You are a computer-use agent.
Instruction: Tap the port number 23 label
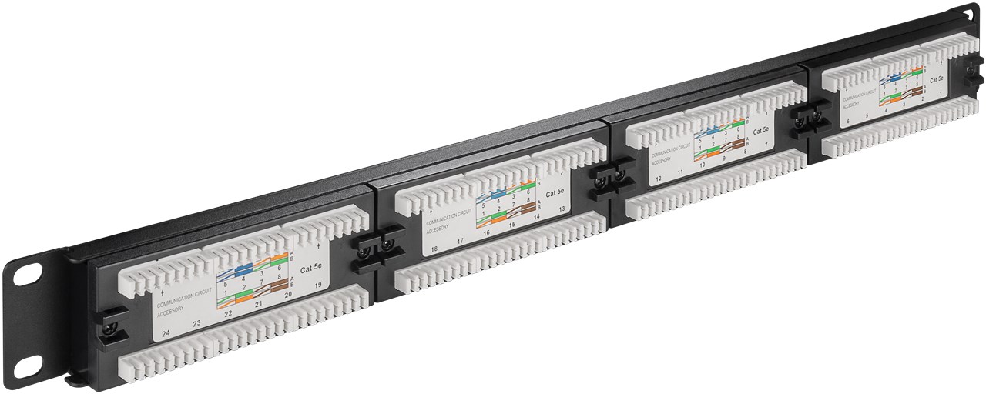pos(196,324)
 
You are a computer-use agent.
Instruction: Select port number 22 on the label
pos(228,314)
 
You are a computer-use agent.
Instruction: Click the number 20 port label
pos(288,295)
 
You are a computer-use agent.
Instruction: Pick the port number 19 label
pos(318,285)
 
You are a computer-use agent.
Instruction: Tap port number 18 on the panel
pos(434,249)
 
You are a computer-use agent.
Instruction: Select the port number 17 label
pos(461,242)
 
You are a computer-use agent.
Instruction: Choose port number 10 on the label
pos(702,165)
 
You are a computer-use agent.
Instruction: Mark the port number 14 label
pos(536,217)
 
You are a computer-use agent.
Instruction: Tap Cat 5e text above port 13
pos(555,192)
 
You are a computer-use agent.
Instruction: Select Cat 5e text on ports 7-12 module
pos(760,129)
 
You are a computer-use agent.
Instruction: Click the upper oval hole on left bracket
pos(33,273)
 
